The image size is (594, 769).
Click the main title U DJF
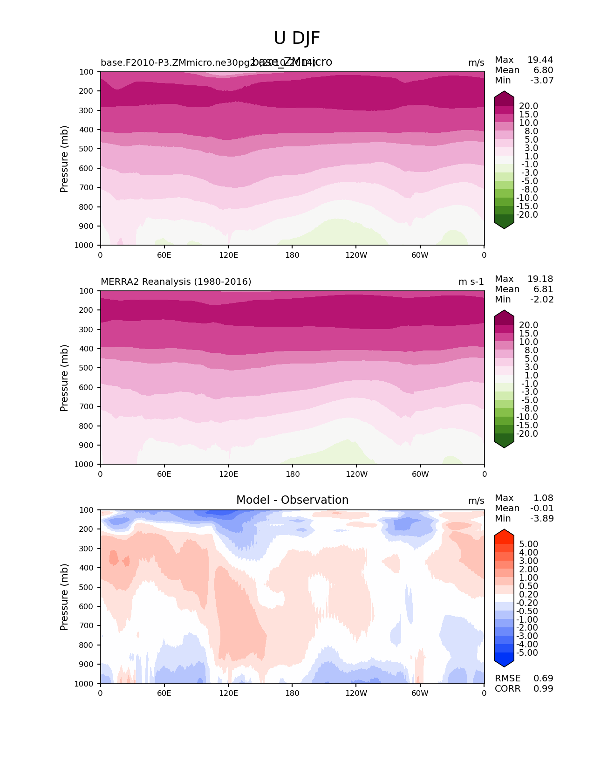(x=297, y=38)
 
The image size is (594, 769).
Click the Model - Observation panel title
(x=292, y=500)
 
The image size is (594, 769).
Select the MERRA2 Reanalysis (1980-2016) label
(x=176, y=282)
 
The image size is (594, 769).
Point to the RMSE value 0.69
(x=543, y=678)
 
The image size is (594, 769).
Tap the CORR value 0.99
(x=543, y=688)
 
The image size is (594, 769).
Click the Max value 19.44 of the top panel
(x=540, y=60)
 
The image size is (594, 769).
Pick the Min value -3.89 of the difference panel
(x=542, y=518)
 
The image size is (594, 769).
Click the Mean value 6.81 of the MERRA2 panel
(x=543, y=289)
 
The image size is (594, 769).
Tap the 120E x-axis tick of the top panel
(x=228, y=255)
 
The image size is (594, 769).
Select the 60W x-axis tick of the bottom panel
(x=420, y=693)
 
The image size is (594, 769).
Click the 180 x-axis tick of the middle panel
(x=293, y=474)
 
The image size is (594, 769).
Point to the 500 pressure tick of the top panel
(x=87, y=149)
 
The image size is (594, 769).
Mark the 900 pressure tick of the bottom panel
(x=87, y=664)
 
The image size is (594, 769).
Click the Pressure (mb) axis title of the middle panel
(x=64, y=378)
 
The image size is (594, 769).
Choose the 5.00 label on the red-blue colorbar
(x=528, y=544)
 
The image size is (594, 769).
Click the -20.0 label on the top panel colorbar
(x=527, y=215)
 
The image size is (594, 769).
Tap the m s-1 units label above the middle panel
(x=471, y=282)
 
